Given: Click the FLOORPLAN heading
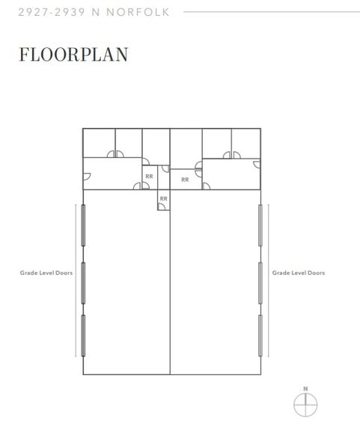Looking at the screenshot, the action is point(73,54).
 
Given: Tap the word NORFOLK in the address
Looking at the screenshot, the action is point(138,12).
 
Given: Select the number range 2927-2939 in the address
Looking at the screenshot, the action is point(52,12).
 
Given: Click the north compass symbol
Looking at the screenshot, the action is point(305,405).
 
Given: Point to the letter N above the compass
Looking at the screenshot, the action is point(305,389).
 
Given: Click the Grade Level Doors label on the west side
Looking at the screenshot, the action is point(46,272).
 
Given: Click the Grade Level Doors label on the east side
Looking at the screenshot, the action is point(299,272).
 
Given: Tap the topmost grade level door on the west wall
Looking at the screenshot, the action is point(83,225).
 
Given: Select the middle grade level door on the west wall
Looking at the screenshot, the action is point(83,283).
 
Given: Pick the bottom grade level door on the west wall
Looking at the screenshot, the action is point(83,335).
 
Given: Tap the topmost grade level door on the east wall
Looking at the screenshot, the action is point(260,225).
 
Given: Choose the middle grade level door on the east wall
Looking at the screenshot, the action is point(260,283).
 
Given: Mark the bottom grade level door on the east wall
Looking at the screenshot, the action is point(260,335).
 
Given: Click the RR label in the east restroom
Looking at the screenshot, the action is point(185,180).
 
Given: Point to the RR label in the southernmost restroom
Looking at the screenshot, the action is point(164,199).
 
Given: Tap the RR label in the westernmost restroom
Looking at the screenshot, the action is point(149,177).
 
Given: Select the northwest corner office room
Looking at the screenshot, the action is point(99,143).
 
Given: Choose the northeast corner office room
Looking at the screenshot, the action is point(246,143).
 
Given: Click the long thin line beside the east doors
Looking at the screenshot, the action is point(269,281).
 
